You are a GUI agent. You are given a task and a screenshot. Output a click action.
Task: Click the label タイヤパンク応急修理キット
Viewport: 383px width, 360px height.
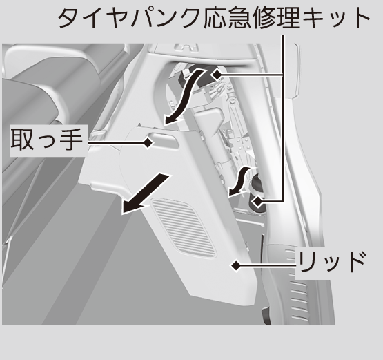tap(214, 17)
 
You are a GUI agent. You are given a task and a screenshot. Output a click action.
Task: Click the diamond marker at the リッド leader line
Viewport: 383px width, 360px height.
tap(236, 265)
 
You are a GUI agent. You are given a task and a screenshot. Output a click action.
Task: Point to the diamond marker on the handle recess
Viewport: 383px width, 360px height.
tap(148, 142)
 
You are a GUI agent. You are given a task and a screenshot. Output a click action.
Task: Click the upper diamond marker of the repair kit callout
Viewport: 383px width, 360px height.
tap(217, 74)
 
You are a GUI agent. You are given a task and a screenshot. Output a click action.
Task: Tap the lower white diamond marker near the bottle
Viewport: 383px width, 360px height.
tap(257, 202)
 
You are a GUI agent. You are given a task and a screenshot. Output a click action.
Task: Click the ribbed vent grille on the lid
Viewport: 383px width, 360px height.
tap(182, 227)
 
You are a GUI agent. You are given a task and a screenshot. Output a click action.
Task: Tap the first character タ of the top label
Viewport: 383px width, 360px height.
tap(68, 17)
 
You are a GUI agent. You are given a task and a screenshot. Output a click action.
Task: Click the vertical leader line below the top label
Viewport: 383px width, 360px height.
tap(284, 118)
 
